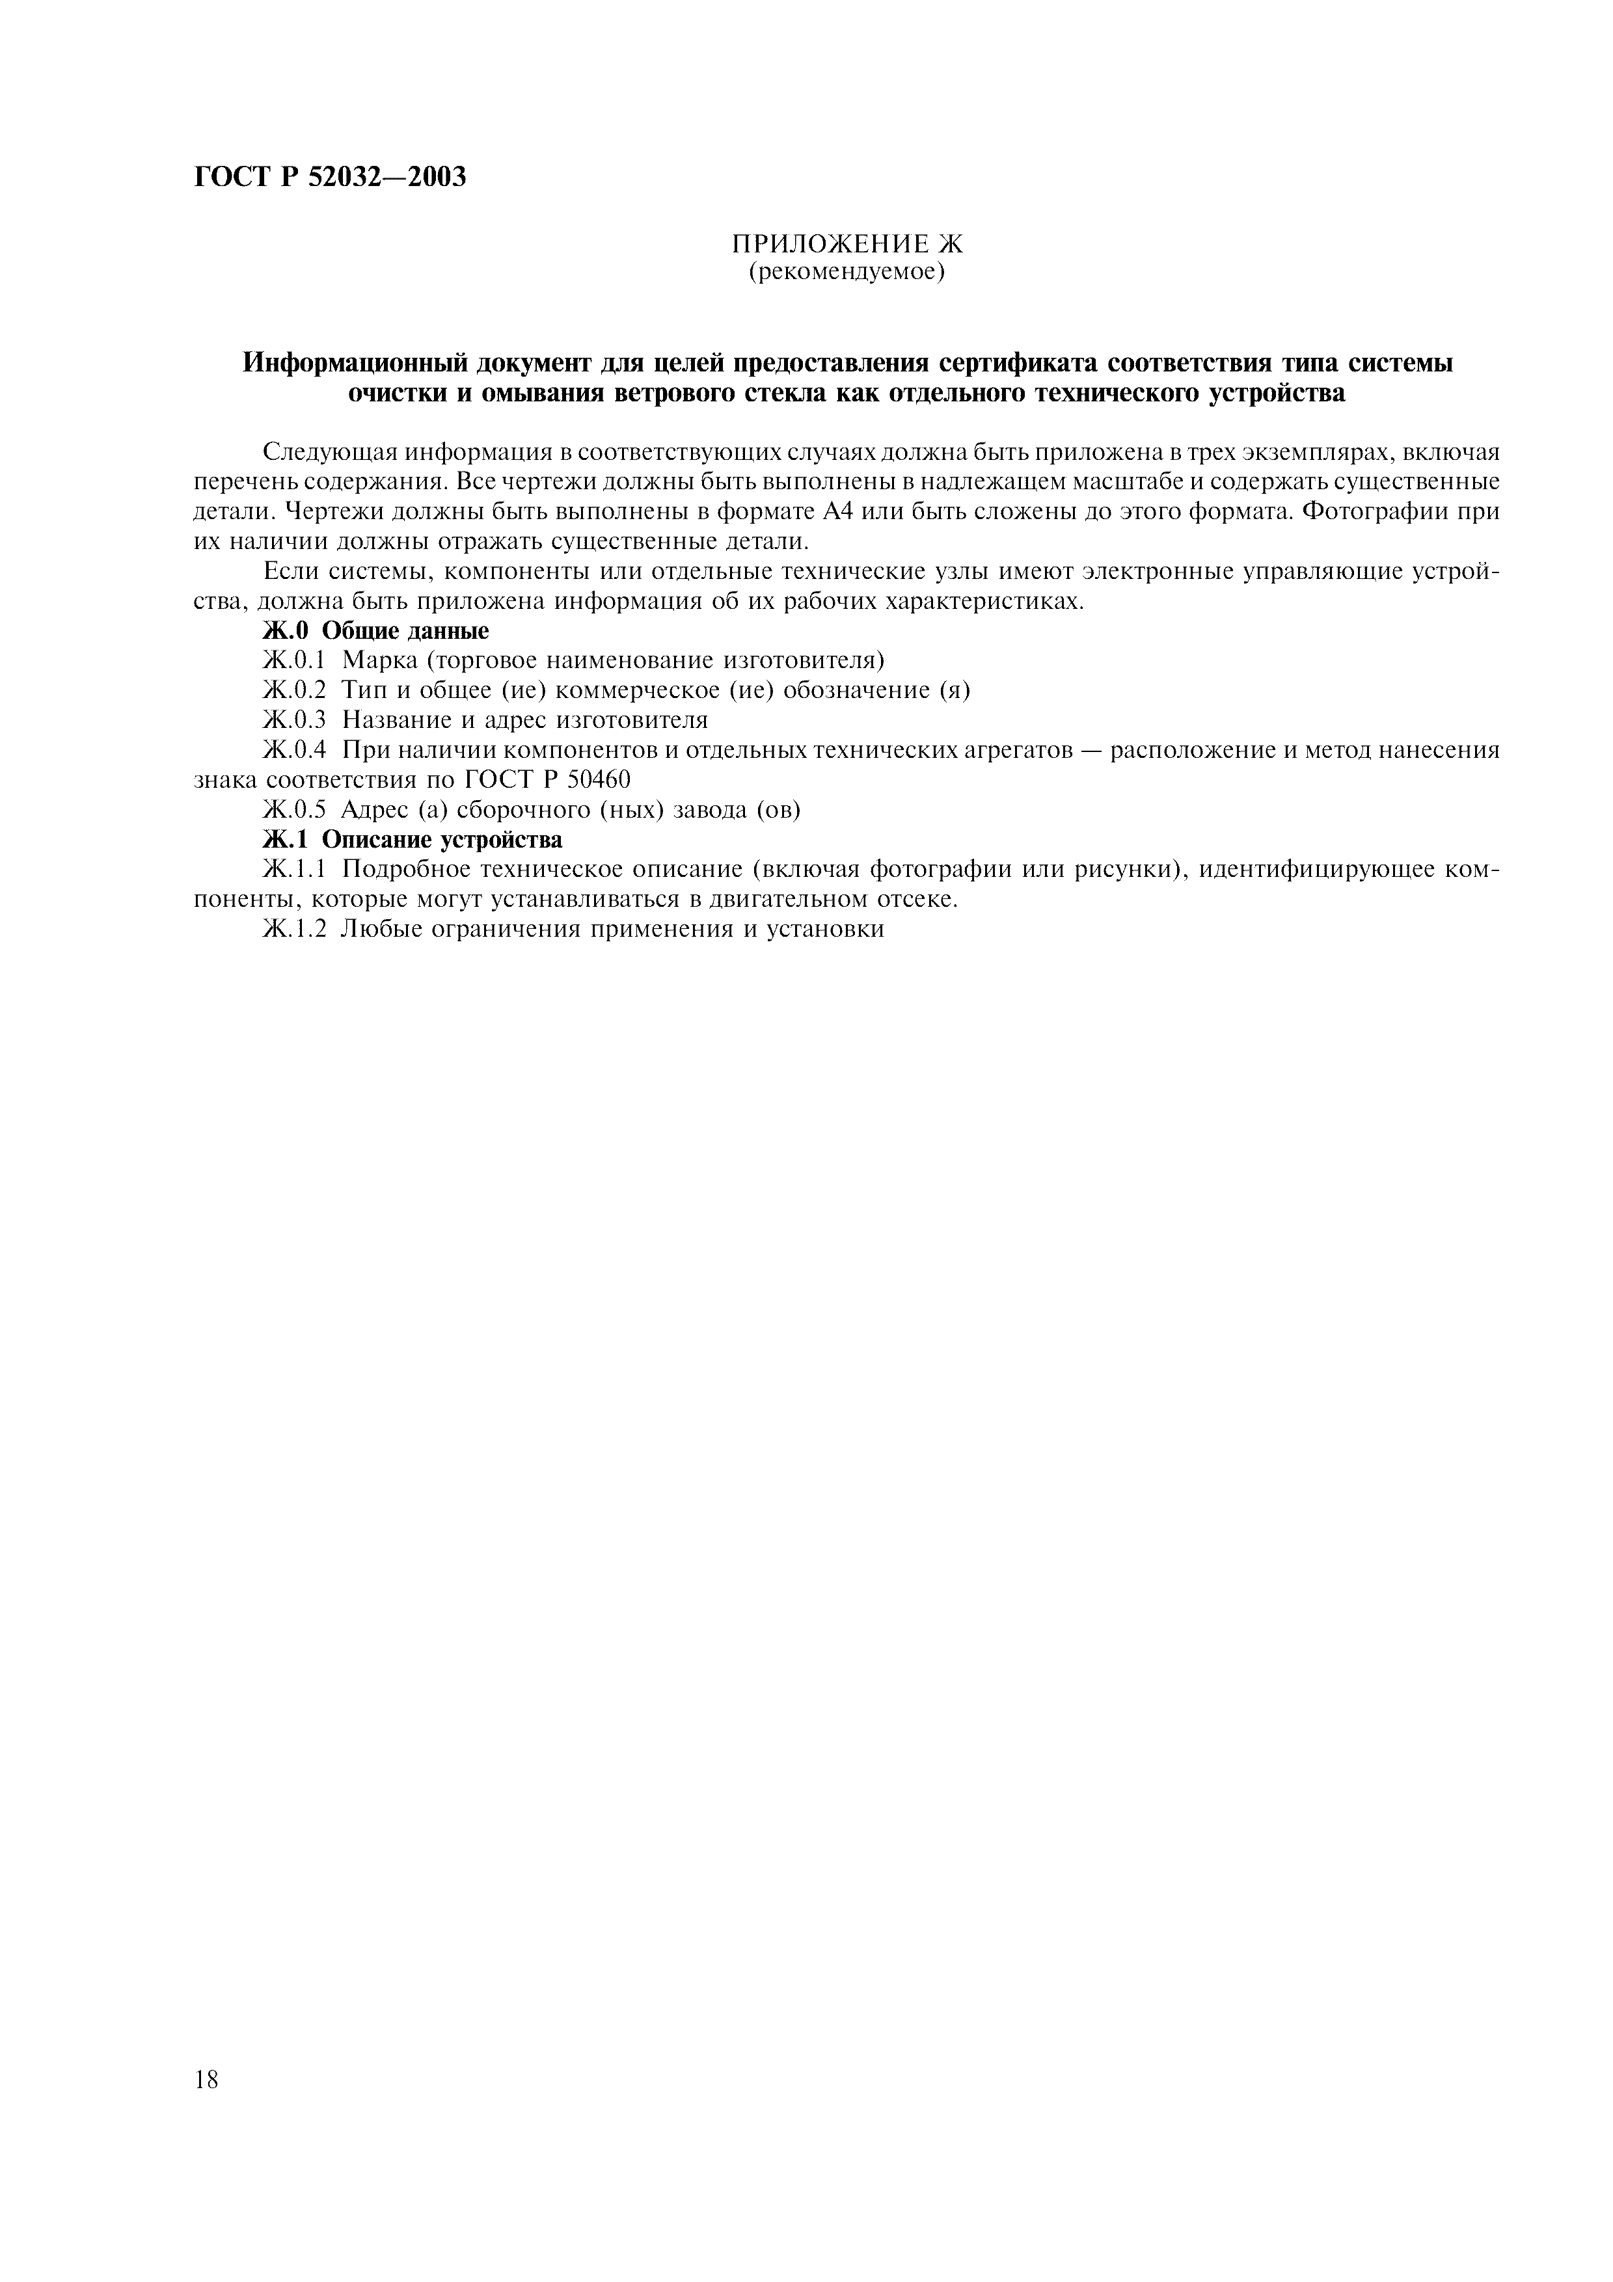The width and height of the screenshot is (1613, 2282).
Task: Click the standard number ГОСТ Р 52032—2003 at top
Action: tap(330, 178)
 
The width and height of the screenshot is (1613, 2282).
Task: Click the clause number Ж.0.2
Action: tap(294, 691)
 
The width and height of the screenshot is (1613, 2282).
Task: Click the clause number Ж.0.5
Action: tap(294, 810)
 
